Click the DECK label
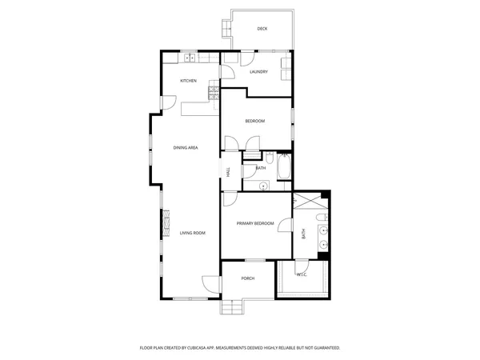tap(262, 29)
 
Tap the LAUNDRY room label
tap(258, 72)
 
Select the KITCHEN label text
tap(188, 81)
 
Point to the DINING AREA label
tap(186, 148)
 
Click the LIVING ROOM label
tap(192, 233)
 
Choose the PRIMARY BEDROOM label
tap(255, 223)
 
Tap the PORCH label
tap(247, 278)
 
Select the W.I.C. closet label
tap(302, 275)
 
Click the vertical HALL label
tap(228, 172)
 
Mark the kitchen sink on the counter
tap(189, 58)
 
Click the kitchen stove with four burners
tap(214, 93)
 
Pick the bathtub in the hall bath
tap(282, 169)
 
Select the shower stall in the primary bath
tap(305, 201)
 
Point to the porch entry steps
tap(234, 306)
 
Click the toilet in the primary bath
tap(322, 217)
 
